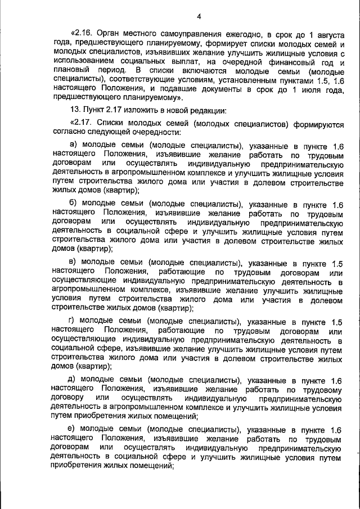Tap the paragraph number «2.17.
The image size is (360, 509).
(83, 123)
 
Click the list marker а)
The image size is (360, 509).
(73, 145)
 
